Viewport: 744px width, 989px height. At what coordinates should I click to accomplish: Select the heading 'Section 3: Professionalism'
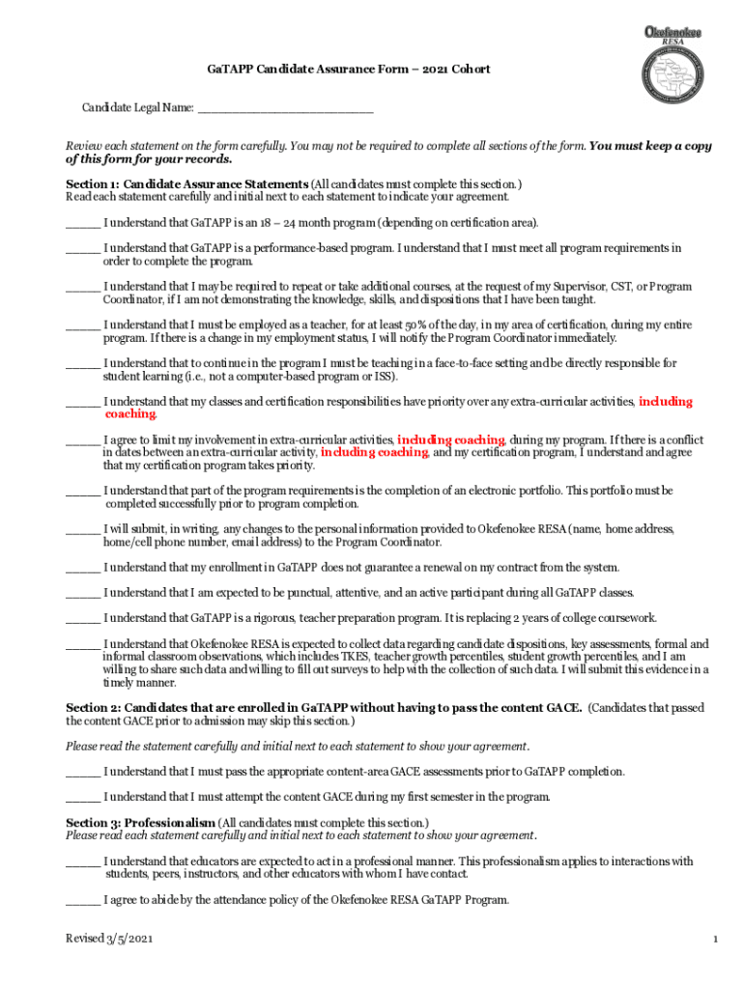(140, 822)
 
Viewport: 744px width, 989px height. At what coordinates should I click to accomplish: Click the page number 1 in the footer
(713, 939)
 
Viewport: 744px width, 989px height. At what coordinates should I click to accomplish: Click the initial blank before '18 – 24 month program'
(82, 223)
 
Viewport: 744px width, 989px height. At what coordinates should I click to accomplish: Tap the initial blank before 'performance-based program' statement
(82, 248)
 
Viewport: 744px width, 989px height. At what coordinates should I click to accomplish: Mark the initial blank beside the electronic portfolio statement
(82, 492)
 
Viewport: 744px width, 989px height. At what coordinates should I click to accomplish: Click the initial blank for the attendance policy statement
(82, 900)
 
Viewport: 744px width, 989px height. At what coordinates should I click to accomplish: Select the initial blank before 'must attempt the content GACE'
(82, 797)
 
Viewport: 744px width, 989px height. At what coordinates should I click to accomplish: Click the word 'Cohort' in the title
(468, 70)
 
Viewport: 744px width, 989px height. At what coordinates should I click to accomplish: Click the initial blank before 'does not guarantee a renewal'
(82, 567)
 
